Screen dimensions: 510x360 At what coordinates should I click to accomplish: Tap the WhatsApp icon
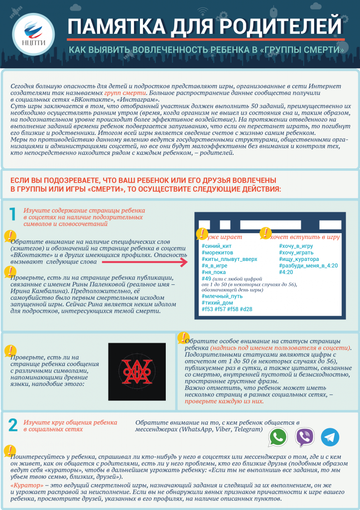(x=278, y=437)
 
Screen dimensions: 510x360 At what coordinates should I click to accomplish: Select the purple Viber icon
(x=305, y=437)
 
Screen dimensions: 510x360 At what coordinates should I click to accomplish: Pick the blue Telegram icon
(x=330, y=437)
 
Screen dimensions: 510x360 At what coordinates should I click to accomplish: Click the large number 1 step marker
(x=13, y=214)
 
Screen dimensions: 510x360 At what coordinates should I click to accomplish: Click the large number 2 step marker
(x=13, y=425)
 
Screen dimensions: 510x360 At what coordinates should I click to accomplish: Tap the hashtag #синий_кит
(x=216, y=246)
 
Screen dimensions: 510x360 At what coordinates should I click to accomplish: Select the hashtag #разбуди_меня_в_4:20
(x=308, y=266)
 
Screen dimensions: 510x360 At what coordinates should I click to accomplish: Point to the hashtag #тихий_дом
(x=218, y=302)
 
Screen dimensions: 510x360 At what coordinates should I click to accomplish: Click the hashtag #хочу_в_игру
(x=296, y=246)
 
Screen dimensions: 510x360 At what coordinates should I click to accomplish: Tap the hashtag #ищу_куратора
(x=299, y=259)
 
